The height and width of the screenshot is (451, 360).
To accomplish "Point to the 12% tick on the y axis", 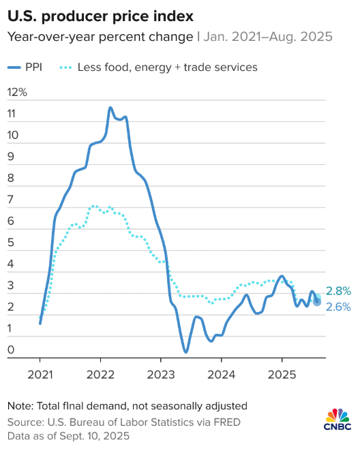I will click(x=17, y=92).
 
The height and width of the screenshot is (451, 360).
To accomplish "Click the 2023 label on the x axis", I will click(x=160, y=374).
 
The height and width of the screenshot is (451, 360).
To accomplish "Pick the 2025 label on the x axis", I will click(x=281, y=374).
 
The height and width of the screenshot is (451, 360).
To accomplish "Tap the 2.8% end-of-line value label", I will click(x=337, y=291).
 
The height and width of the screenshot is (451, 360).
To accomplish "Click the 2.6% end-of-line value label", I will click(x=337, y=307).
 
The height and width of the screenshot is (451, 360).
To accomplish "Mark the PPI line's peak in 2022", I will click(x=110, y=108).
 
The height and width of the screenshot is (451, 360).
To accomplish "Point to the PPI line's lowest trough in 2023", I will click(x=185, y=352).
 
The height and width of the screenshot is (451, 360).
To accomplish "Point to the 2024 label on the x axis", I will click(x=221, y=374).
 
